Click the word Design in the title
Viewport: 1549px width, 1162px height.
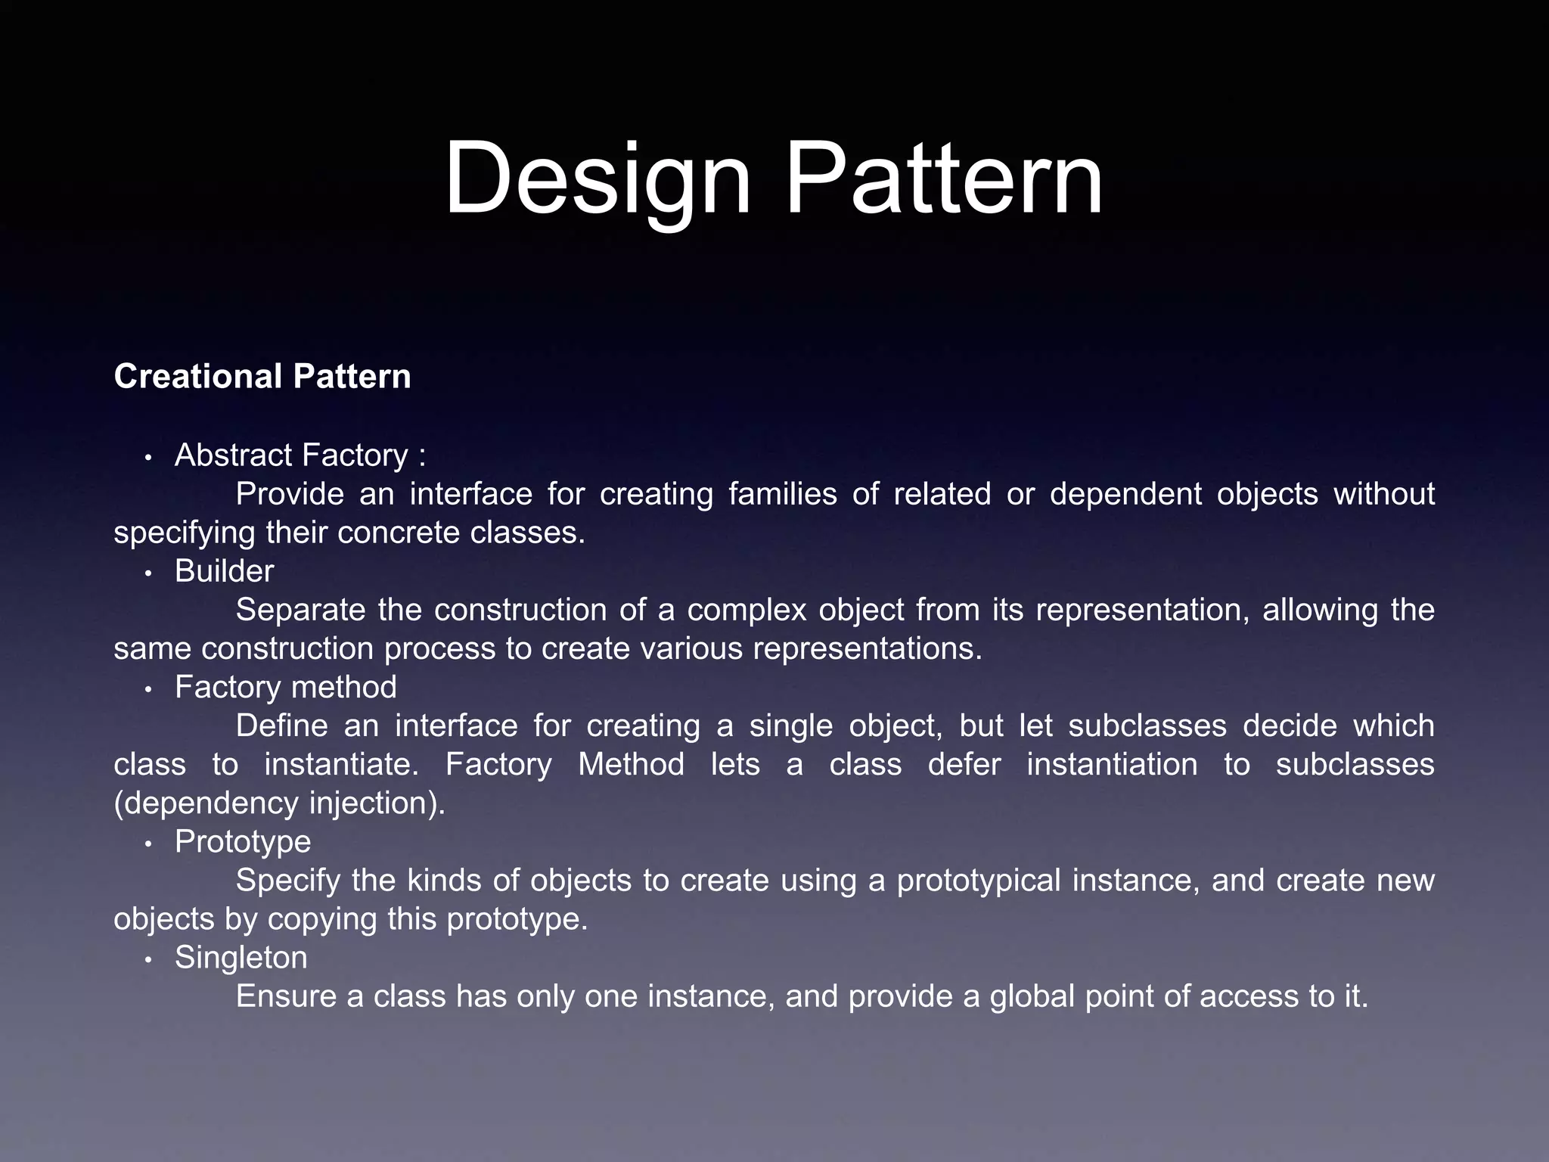(598, 180)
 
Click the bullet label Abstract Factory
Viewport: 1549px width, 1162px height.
(292, 455)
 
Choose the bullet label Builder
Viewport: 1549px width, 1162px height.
(224, 571)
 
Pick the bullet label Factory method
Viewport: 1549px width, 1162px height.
(286, 687)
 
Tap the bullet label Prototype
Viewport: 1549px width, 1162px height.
(243, 841)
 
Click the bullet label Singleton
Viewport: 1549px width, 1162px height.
(241, 958)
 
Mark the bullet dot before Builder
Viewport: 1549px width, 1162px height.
(149, 573)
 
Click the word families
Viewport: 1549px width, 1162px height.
(783, 494)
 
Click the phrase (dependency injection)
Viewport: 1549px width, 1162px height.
(280, 803)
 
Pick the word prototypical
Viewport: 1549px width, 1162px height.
(979, 881)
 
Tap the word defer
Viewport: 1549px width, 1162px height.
(964, 764)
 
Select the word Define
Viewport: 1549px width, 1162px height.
(282, 725)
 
